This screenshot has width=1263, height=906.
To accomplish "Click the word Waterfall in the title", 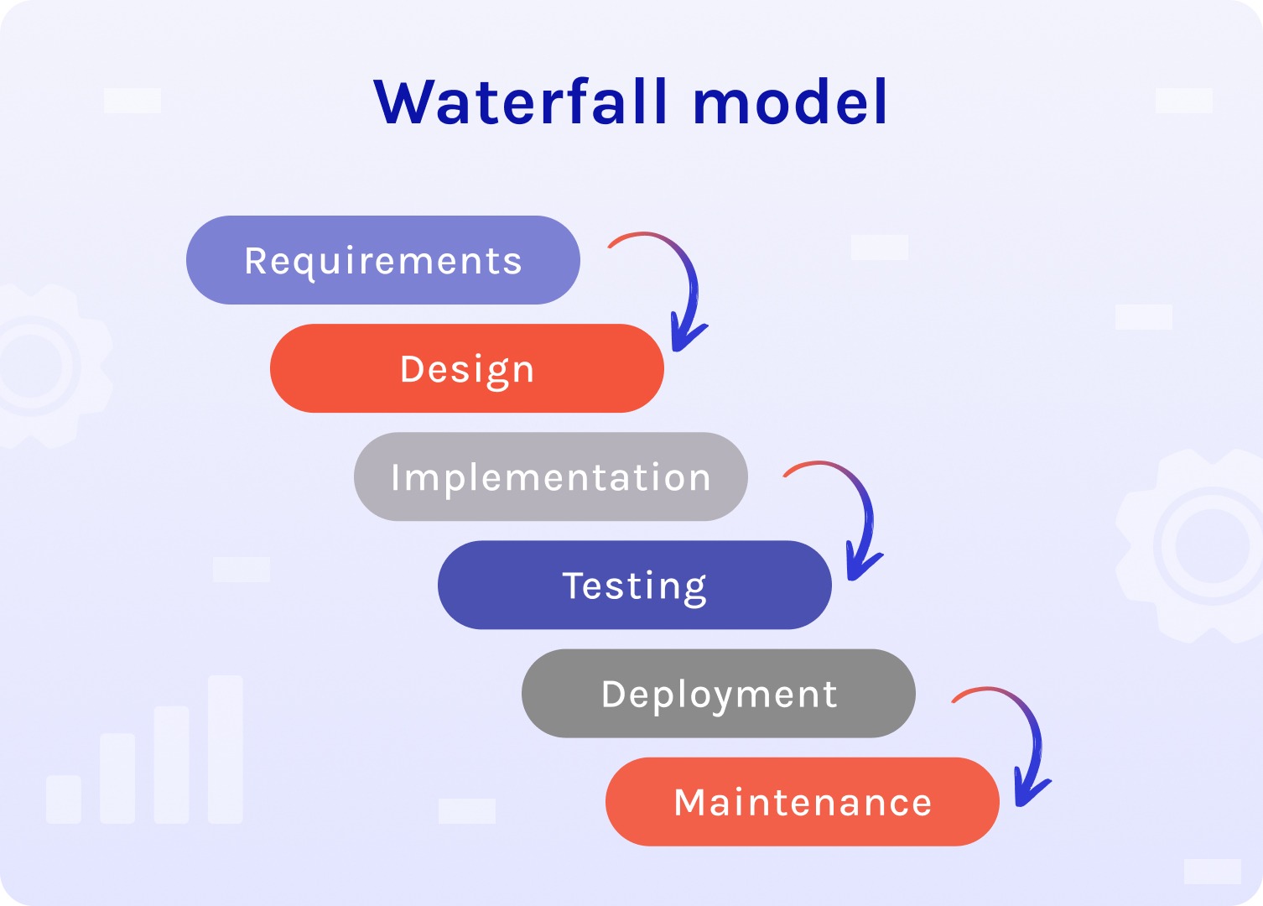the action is (521, 102).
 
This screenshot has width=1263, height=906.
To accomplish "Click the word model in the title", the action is (791, 102).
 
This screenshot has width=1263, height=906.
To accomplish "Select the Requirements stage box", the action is (383, 260).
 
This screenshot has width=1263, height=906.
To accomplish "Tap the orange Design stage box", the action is (467, 368).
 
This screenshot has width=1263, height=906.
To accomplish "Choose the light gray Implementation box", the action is (551, 476).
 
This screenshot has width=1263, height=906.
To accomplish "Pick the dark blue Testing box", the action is (635, 585).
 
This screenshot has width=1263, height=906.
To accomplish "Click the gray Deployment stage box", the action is (719, 693).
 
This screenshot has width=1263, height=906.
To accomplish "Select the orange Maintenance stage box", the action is (803, 802).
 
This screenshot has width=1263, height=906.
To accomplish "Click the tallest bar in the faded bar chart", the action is (225, 749).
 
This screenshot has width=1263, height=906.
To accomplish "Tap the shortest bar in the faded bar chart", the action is (64, 799).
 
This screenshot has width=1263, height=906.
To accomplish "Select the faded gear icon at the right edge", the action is (1194, 546).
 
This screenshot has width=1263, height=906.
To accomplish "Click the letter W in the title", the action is (403, 102).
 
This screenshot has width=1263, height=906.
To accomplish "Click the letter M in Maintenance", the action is (689, 802).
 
